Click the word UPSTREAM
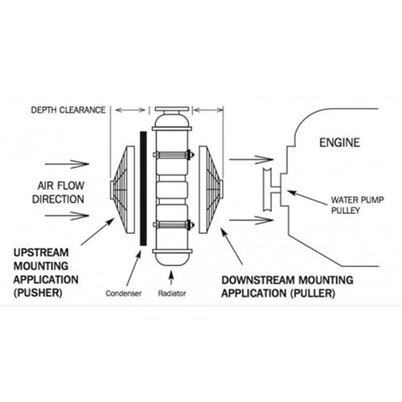[45, 252]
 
